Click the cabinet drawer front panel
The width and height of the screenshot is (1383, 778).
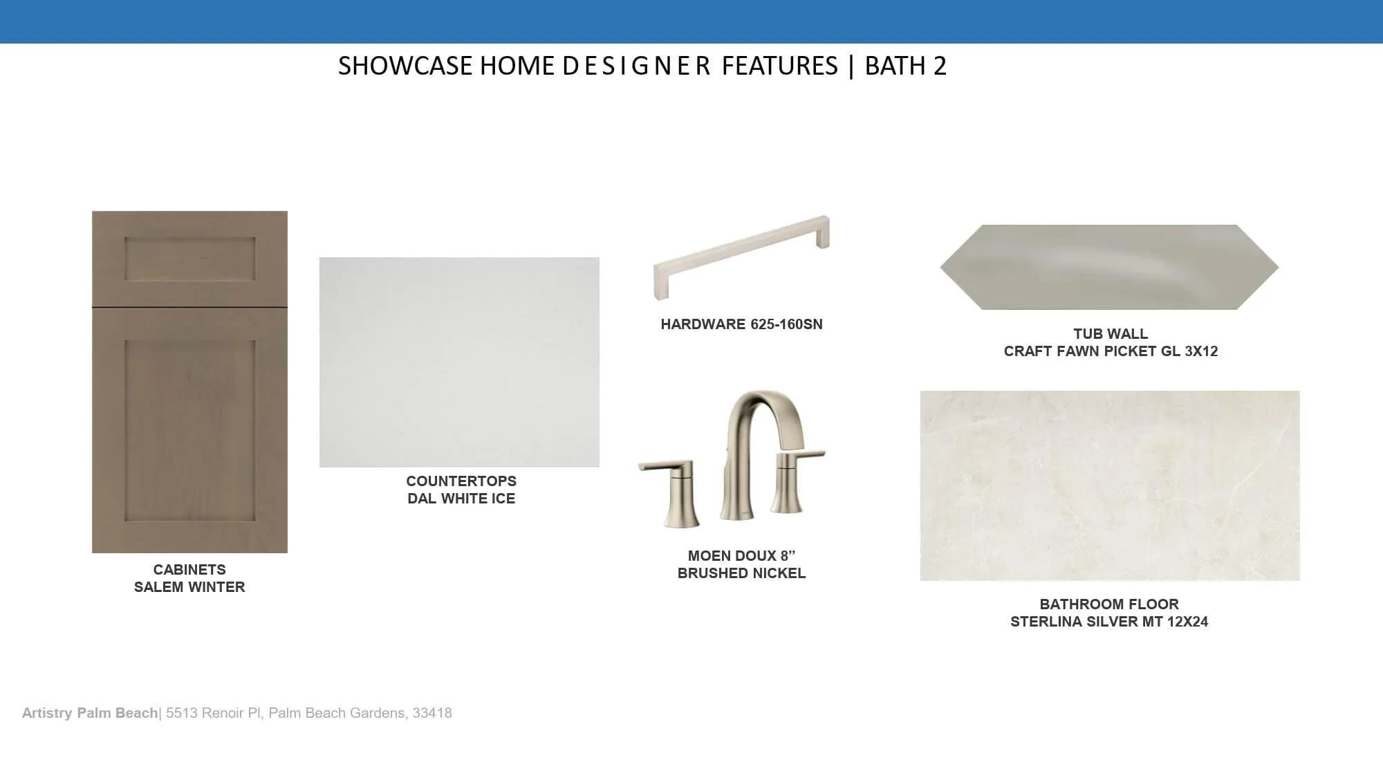point(189,259)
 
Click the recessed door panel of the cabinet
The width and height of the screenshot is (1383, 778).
point(189,430)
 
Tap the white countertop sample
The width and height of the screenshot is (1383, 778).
point(459,362)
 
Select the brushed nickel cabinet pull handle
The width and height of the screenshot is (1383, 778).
point(741,257)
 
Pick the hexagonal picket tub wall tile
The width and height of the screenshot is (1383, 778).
point(1109,267)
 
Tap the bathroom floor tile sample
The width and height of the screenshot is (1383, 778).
point(1110,485)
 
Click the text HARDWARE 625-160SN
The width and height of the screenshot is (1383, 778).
point(741,324)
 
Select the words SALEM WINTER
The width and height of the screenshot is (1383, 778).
point(189,587)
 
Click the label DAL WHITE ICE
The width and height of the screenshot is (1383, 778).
point(461,499)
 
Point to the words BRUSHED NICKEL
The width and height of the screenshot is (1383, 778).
point(741,573)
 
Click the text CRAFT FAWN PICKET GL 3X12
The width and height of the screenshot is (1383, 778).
point(1111,351)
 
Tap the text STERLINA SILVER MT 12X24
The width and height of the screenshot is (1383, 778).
point(1109,622)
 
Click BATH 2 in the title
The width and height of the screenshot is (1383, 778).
point(906,66)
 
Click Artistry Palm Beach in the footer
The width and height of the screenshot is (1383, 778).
point(90,713)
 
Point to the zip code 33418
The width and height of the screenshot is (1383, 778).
point(432,713)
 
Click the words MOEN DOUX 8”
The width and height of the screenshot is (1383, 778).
point(741,556)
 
